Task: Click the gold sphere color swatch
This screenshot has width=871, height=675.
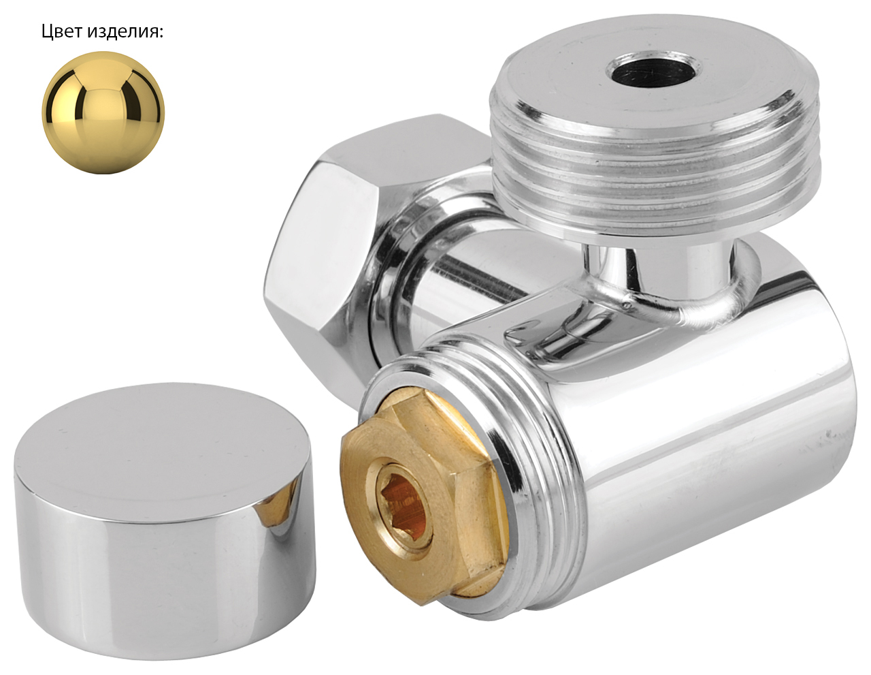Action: pyautogui.click(x=103, y=112)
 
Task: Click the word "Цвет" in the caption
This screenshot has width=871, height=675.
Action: pyautogui.click(x=62, y=32)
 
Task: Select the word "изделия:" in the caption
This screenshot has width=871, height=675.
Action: pyautogui.click(x=125, y=32)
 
